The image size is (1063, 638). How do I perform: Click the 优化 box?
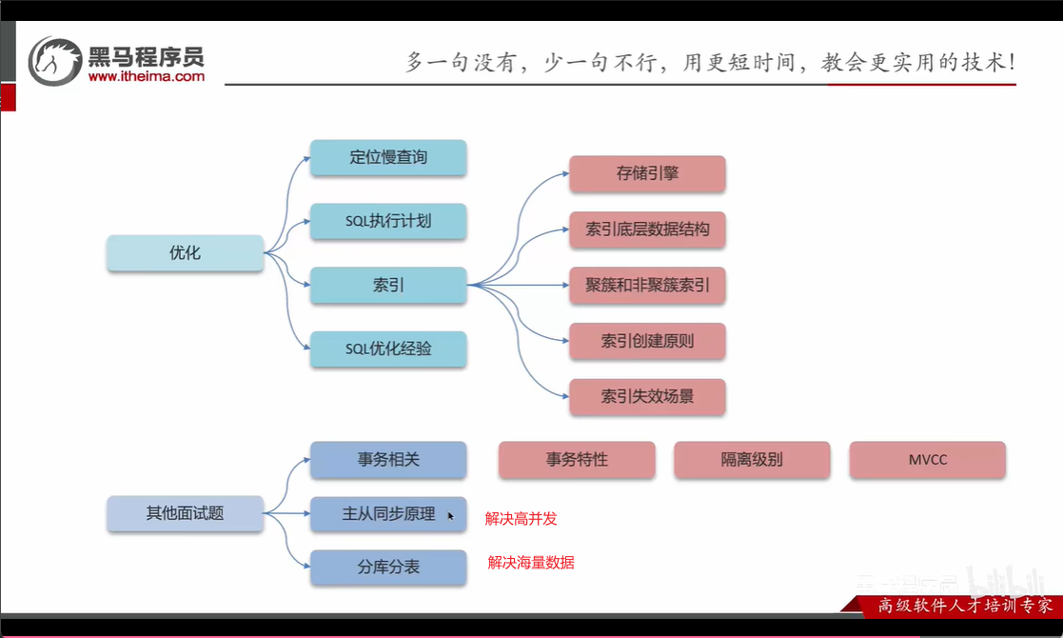(x=185, y=253)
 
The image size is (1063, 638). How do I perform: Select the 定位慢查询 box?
(x=388, y=157)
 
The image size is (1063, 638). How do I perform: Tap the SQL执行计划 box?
(x=388, y=221)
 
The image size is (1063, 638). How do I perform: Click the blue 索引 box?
(x=388, y=285)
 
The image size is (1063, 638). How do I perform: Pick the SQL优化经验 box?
(x=388, y=349)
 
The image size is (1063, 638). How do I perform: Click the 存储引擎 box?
(x=647, y=173)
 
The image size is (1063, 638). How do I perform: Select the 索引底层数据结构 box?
(x=647, y=229)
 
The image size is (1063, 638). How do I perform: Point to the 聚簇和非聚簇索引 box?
(x=647, y=285)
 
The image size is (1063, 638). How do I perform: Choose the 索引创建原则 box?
(x=647, y=340)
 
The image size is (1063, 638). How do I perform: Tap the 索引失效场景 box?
(x=647, y=397)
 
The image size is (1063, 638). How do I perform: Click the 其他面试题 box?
(x=185, y=513)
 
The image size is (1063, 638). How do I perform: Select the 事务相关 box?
(x=388, y=460)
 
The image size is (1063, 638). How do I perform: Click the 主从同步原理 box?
(x=388, y=514)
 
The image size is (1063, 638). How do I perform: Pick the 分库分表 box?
(x=388, y=567)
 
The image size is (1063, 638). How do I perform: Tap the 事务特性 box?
(x=577, y=460)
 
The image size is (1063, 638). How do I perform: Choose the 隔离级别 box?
(x=752, y=460)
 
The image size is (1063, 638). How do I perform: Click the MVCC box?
(x=928, y=460)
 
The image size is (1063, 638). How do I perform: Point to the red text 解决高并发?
(x=521, y=519)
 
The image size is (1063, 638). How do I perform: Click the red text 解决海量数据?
(x=531, y=562)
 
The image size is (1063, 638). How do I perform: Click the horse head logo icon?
(x=55, y=62)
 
